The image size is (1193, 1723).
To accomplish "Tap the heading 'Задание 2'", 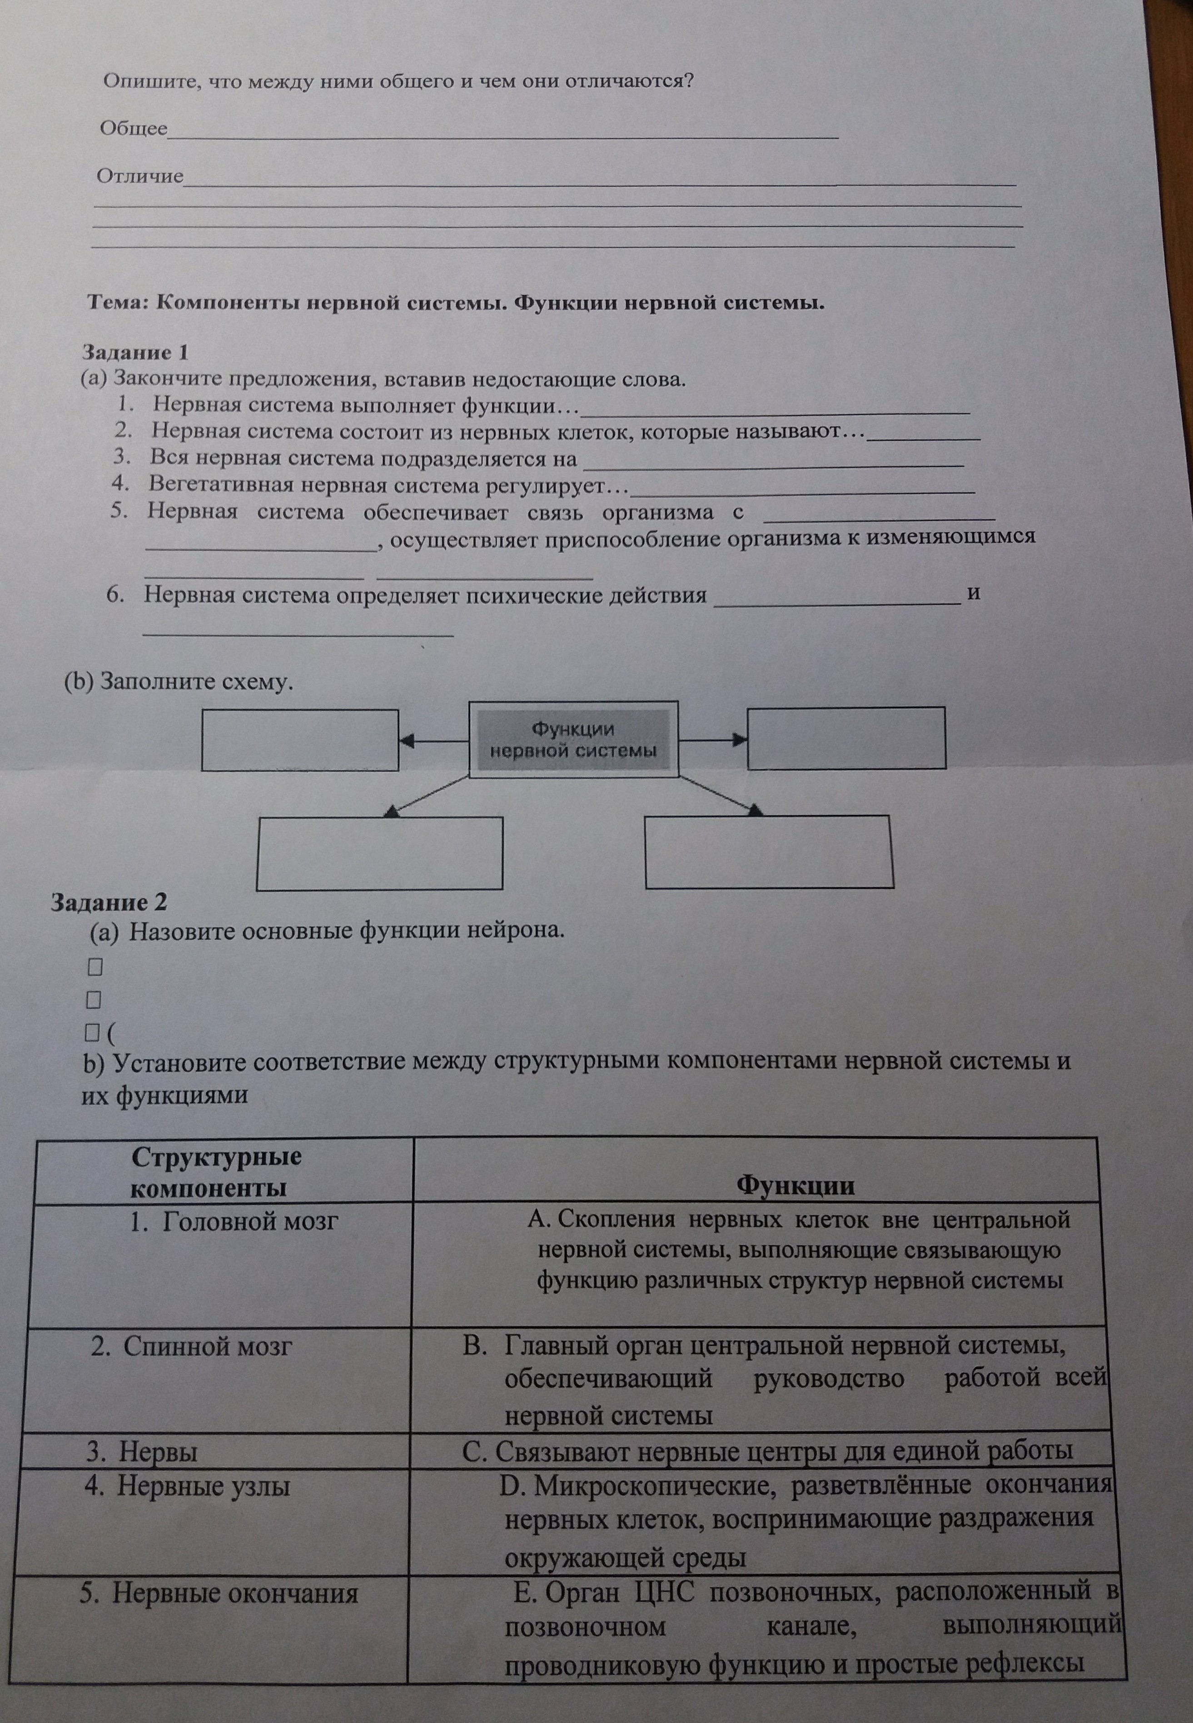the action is (x=109, y=902).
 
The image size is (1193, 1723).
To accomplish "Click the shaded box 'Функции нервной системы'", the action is (x=573, y=739).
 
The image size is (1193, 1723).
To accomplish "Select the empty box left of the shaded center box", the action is (x=300, y=740).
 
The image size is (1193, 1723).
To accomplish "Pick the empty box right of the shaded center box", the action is (x=846, y=738).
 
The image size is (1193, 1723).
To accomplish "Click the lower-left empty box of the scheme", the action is (x=380, y=853).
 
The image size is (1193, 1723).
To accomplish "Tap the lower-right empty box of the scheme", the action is (x=769, y=852).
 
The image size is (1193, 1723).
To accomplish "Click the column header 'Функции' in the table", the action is (x=795, y=1185).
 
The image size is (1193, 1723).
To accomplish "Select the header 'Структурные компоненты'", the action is (x=216, y=1172).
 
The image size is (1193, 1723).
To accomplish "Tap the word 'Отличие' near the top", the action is (x=140, y=176).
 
